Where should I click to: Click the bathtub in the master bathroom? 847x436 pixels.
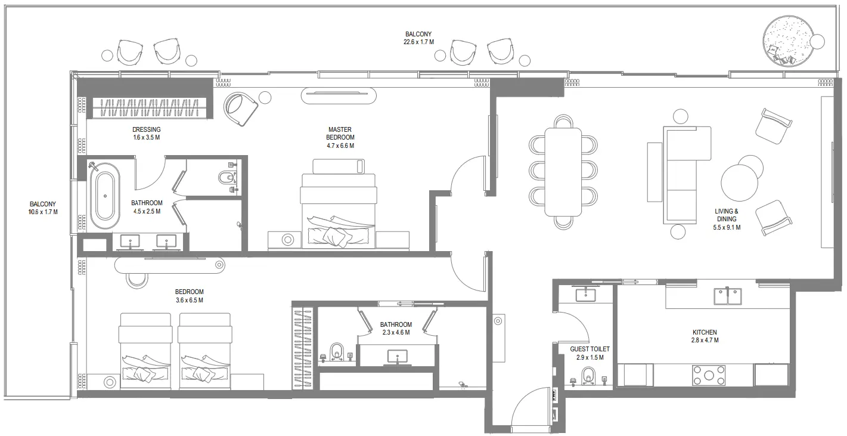[x=105, y=196]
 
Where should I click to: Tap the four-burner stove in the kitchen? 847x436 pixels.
[x=709, y=376]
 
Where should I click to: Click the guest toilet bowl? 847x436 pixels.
[x=588, y=376]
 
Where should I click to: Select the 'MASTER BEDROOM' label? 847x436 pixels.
[x=340, y=134]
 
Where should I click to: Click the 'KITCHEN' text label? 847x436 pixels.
[x=705, y=332]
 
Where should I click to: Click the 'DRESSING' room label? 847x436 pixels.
[x=146, y=129]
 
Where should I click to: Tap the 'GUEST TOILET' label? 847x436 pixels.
[x=590, y=349]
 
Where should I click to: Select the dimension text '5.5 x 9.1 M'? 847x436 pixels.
[x=727, y=227]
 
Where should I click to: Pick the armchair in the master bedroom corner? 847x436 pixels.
[x=240, y=109]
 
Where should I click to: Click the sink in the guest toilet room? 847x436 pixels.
[x=585, y=295]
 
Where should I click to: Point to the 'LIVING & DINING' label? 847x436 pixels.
[x=727, y=215]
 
